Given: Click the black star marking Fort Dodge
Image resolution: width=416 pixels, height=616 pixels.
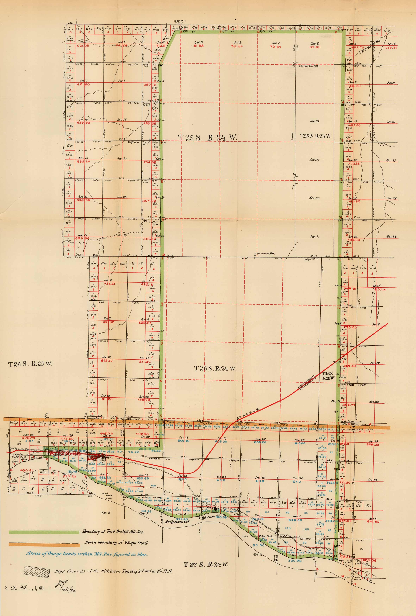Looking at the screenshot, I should point(215,509).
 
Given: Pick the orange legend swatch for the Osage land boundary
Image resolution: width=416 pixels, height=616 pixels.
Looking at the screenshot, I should point(44,544).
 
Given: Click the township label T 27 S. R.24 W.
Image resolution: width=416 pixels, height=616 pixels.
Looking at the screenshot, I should point(206,564).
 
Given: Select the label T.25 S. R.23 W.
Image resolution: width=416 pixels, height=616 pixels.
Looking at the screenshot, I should point(315,136).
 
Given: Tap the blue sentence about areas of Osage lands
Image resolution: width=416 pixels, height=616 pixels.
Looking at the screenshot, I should point(87,554).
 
